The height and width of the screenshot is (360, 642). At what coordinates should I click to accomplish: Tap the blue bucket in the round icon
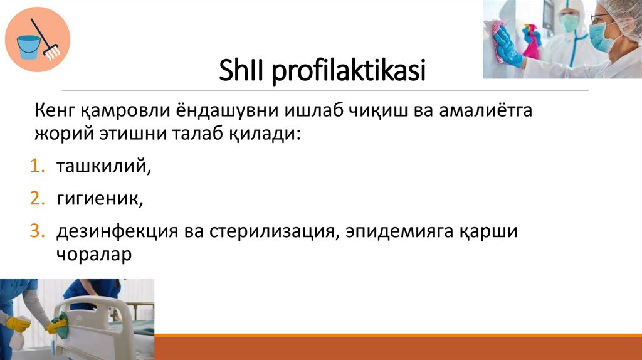coord(28,46)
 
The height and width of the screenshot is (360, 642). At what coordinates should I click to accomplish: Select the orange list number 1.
coord(38,167)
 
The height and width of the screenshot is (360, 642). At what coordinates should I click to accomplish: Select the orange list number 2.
coord(38,199)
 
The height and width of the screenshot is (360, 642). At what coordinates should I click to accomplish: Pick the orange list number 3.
coord(38,231)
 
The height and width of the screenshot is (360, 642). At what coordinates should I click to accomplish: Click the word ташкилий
coord(103,167)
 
